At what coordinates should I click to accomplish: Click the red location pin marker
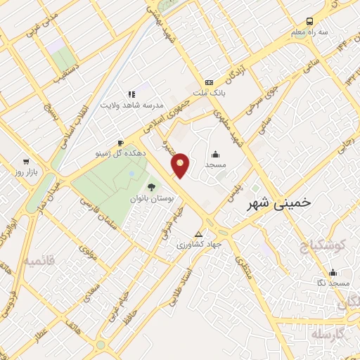pyautogui.click(x=181, y=165)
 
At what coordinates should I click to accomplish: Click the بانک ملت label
pyautogui.click(x=208, y=93)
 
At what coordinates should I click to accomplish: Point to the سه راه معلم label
pyautogui.click(x=311, y=32)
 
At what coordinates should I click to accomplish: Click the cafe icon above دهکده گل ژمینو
pyautogui.click(x=121, y=143)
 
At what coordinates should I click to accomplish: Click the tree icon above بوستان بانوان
pyautogui.click(x=151, y=186)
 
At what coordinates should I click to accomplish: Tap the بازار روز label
pyautogui.click(x=27, y=172)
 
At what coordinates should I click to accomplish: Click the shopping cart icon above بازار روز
pyautogui.click(x=27, y=161)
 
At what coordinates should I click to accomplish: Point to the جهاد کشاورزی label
pyautogui.click(x=199, y=244)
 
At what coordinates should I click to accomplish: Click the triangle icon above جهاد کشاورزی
pyautogui.click(x=199, y=233)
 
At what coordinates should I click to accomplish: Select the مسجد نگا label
pyautogui.click(x=333, y=282)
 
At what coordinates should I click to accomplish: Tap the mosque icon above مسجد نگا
pyautogui.click(x=333, y=271)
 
